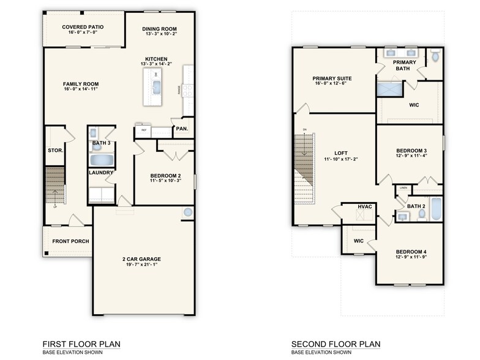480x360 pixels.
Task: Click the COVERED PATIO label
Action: (83, 28)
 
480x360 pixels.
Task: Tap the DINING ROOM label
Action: (159, 29)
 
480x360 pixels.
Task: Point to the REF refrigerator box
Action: (144, 130)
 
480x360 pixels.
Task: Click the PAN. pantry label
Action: (182, 129)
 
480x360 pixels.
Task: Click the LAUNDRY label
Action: (100, 173)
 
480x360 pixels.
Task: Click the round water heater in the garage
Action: (187, 212)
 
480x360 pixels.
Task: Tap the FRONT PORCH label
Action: (70, 241)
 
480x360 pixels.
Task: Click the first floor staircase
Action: (55, 187)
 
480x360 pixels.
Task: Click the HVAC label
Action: (366, 207)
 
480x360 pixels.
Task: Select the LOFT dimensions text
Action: (340, 159)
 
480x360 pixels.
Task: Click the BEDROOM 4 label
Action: (411, 252)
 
